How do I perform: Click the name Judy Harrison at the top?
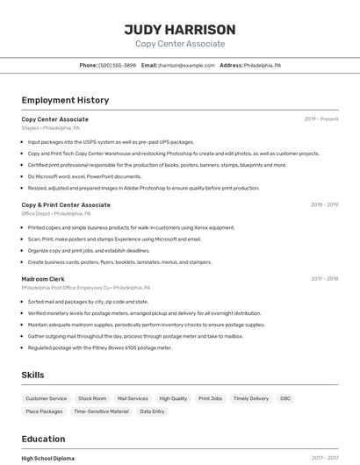point(180,29)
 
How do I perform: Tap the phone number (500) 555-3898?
point(117,65)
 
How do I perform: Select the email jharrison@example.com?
point(186,65)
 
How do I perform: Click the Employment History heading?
point(65,100)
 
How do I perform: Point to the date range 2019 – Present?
point(321,118)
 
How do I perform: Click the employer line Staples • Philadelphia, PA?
point(51,128)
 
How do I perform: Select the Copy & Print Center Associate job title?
point(66,204)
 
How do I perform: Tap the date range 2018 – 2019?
point(324,204)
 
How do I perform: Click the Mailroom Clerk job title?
point(43,279)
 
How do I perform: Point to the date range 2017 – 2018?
point(324,279)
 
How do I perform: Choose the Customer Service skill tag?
point(47,398)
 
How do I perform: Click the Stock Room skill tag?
point(92,398)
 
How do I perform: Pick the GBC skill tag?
point(285,398)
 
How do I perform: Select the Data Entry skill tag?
point(152,411)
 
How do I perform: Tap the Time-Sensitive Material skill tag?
point(101,411)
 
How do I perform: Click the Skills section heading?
point(32,375)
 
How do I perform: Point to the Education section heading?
point(43,439)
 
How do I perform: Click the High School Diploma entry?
point(48,458)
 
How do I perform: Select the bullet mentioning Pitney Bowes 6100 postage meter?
point(99,347)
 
